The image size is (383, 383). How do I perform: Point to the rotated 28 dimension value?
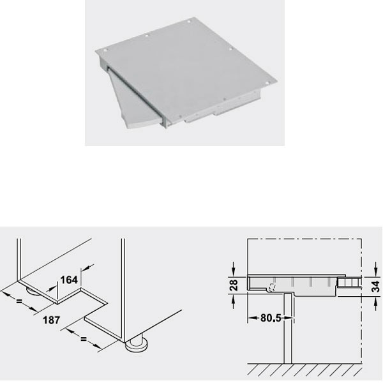click(x=234, y=283)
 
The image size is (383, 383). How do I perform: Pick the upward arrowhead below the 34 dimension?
click(x=374, y=300)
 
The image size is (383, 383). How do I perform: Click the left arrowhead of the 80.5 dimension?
click(x=251, y=317)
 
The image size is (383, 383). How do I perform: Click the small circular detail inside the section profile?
click(x=273, y=287)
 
